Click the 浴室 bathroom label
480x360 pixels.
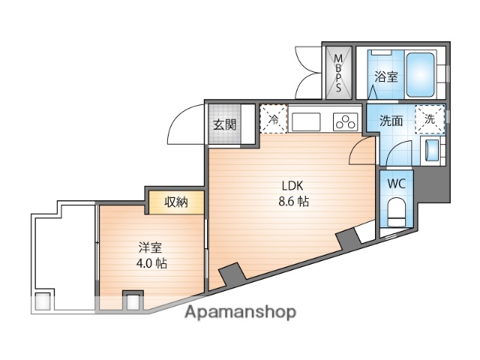coord(387,76)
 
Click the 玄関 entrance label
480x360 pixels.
coord(223,124)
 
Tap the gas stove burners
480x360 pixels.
coord(346,121)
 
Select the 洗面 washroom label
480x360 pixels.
coord(390,120)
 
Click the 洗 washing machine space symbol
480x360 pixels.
coord(430,118)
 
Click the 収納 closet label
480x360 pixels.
coord(176,201)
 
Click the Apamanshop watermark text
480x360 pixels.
coord(240,311)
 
